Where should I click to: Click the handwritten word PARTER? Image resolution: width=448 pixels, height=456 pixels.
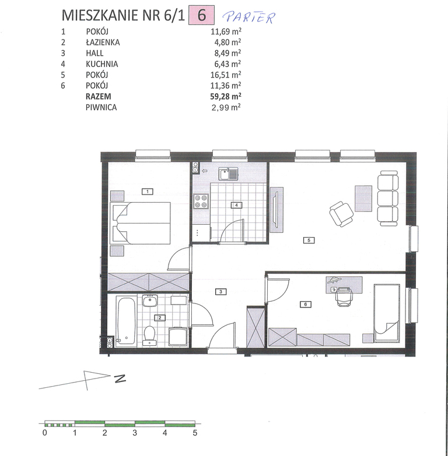click(x=249, y=17)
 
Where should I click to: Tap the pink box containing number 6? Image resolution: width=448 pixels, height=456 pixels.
click(x=202, y=15)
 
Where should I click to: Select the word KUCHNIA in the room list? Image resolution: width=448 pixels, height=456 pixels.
click(x=102, y=64)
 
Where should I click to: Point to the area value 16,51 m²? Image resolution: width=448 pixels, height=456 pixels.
click(x=226, y=75)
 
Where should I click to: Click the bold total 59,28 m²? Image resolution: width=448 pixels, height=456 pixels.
click(x=226, y=96)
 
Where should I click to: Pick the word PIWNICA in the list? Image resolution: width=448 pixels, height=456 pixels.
click(x=101, y=107)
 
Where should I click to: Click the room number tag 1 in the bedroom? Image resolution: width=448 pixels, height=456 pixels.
click(x=148, y=192)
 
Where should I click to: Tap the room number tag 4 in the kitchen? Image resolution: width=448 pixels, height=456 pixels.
click(x=236, y=205)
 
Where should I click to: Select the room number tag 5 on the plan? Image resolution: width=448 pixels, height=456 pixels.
click(x=309, y=240)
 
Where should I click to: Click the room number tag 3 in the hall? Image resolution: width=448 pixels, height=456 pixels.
click(x=221, y=291)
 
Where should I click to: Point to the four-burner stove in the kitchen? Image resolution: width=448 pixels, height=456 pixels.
click(x=201, y=202)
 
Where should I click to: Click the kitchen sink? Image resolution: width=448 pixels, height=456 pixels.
click(x=229, y=174)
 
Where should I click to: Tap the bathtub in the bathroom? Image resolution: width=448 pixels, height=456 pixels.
click(x=127, y=322)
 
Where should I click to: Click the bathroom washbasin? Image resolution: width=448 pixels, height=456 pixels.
click(x=150, y=301)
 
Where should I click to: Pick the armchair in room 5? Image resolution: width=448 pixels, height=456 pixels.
click(x=341, y=214)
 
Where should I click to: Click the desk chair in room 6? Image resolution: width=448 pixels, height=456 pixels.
click(x=344, y=297)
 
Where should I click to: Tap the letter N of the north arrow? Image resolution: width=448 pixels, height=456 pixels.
click(x=120, y=379)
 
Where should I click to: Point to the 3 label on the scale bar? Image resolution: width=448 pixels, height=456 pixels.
click(x=135, y=433)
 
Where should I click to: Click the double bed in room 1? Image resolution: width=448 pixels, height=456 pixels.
click(x=140, y=223)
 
